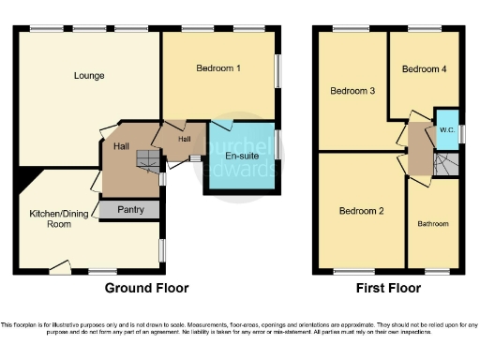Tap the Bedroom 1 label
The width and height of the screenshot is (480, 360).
click(x=218, y=68)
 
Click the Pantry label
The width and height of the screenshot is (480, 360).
click(x=130, y=210)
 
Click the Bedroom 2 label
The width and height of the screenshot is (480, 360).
click(x=362, y=211)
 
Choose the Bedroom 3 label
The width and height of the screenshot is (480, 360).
click(x=352, y=91)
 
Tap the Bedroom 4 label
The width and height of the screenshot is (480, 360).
click(x=424, y=68)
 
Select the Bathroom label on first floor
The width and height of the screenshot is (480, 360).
click(x=433, y=224)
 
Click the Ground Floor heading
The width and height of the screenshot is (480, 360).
click(x=146, y=288)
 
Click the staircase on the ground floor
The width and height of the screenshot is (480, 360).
click(x=148, y=161)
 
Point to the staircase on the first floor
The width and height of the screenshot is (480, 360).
click(x=447, y=165)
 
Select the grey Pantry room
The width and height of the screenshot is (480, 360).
click(x=130, y=209)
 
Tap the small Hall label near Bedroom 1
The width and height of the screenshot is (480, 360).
click(x=185, y=140)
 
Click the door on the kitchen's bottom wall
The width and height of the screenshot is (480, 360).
click(x=60, y=270)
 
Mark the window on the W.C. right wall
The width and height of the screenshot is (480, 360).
click(x=460, y=132)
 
